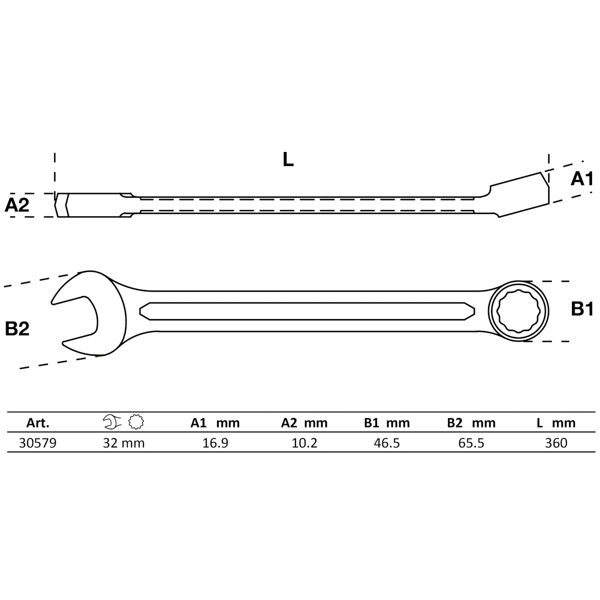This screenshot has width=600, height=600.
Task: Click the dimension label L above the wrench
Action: [x=288, y=159]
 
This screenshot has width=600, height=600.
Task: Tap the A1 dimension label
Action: [x=582, y=179]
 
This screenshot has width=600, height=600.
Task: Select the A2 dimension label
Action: [x=17, y=205]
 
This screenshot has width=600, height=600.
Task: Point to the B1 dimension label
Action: [x=582, y=309]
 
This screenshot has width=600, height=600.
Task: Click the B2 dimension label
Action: [x=17, y=328]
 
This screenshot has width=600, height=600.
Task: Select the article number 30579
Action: [x=37, y=443]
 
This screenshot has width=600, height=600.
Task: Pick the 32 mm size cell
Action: [x=123, y=443]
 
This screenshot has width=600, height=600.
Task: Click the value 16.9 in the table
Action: [x=215, y=443]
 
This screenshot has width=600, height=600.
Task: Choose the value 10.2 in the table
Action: [x=304, y=443]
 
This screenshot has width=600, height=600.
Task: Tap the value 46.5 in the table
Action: [x=387, y=443]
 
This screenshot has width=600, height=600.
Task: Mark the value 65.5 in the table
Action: [x=471, y=443]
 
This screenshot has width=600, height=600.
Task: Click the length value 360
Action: [x=556, y=443]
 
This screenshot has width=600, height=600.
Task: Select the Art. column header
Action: [x=37, y=423]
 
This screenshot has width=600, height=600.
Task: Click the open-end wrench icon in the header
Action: [x=112, y=422]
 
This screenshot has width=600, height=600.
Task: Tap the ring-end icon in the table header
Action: [x=135, y=422]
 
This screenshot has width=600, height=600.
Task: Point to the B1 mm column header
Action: [x=387, y=423]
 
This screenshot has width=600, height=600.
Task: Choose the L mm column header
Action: [x=556, y=423]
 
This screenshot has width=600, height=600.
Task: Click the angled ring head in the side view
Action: [x=520, y=195]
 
